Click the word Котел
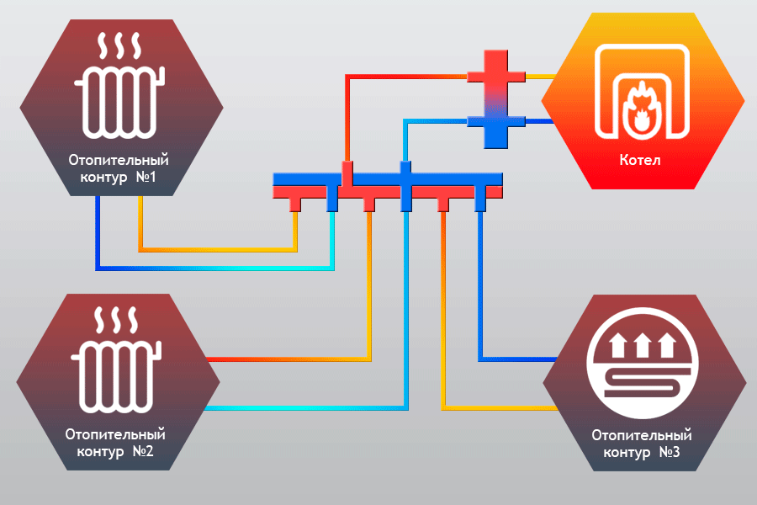641,160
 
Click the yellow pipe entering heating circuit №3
505,408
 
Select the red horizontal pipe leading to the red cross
404,77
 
